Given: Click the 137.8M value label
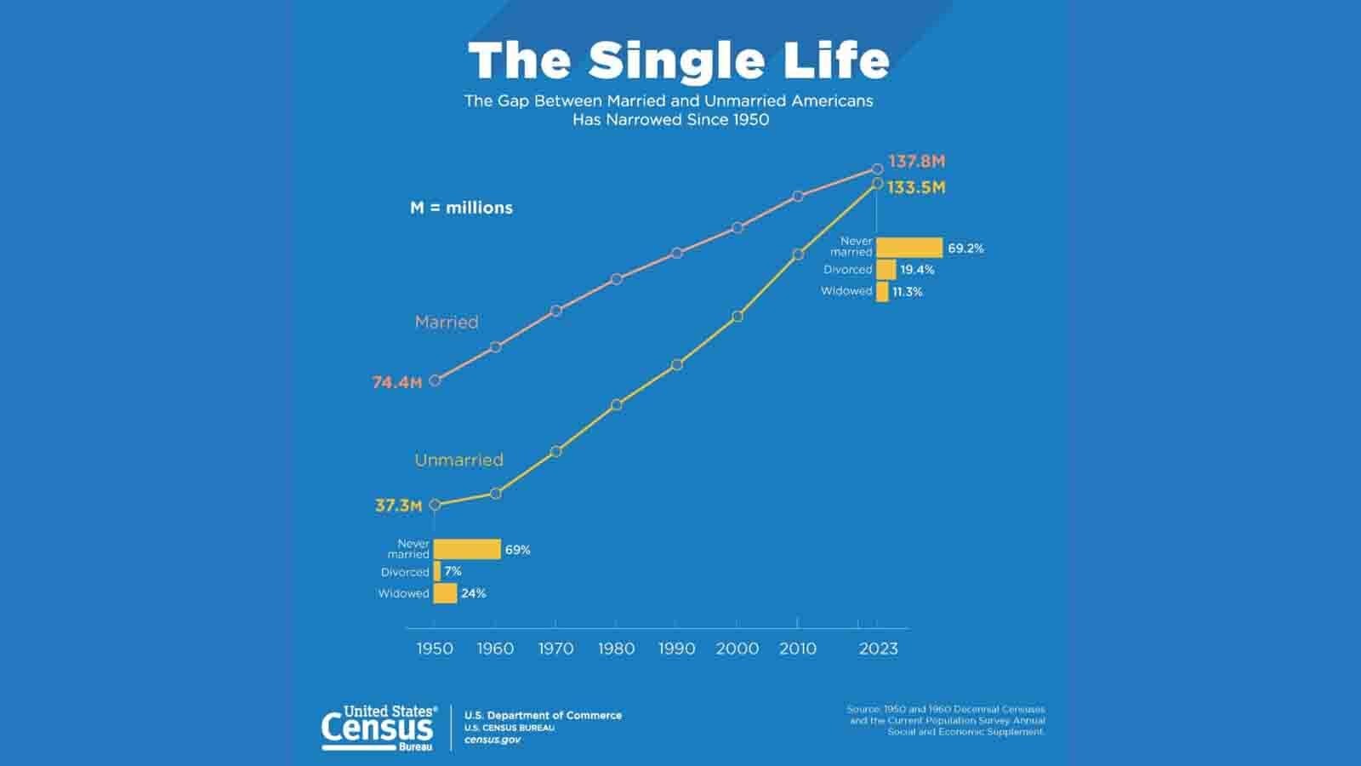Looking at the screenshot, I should [x=916, y=162].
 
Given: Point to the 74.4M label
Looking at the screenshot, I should [x=397, y=383].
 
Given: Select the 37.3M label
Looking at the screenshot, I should [x=398, y=506].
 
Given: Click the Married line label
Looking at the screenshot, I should [x=447, y=323].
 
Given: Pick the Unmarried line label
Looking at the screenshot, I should [x=458, y=460].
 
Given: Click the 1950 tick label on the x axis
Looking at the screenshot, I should [x=435, y=649].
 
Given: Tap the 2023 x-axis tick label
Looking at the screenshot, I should [x=878, y=649].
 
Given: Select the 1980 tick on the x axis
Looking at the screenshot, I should [x=616, y=649].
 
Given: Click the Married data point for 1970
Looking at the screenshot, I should [x=556, y=312].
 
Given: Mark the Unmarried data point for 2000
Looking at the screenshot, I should [x=737, y=317].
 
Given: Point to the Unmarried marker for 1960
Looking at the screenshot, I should [x=496, y=493].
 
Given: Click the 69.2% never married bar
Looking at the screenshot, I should [x=909, y=248].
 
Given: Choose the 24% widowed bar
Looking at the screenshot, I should [x=445, y=593].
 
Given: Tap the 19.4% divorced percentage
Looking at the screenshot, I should [x=917, y=270].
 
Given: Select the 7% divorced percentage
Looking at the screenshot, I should [x=453, y=572].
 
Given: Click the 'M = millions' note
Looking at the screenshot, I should [x=461, y=208].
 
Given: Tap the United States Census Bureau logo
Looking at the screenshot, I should [x=379, y=728].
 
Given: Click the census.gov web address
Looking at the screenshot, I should [x=493, y=740].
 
